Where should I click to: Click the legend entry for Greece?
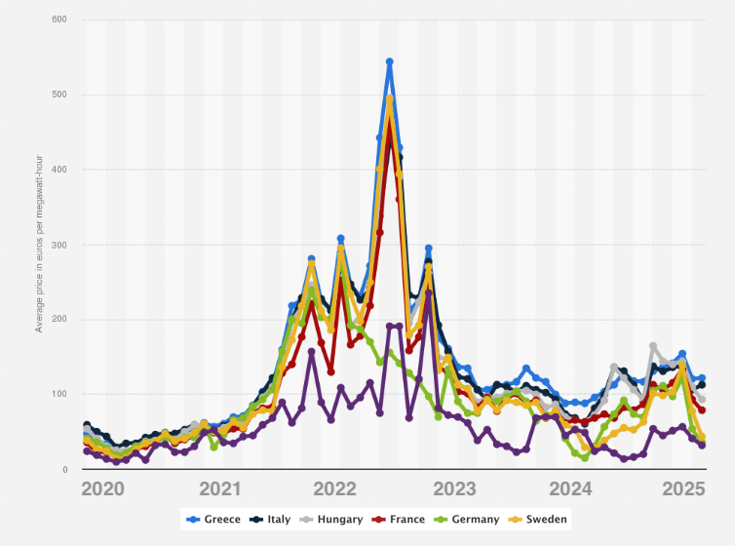pos(213,520)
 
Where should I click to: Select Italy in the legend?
pos(273,520)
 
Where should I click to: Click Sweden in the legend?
pos(542,520)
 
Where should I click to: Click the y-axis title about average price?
pos(39,245)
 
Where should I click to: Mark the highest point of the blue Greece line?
pos(389,61)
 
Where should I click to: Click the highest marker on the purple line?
pos(428,292)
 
